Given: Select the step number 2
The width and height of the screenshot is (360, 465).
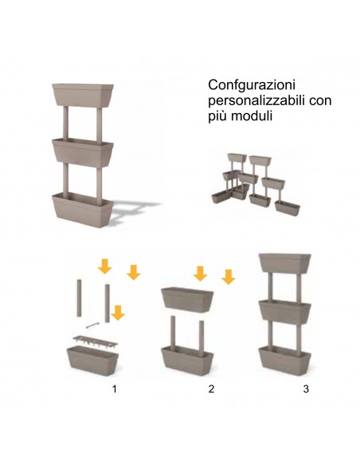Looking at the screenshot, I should click(211, 389).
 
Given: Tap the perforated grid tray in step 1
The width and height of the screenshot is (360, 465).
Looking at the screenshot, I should click(93, 338).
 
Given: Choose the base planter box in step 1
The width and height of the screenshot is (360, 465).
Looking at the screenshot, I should click(91, 361).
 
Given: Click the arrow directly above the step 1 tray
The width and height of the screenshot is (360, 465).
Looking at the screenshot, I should click(118, 313).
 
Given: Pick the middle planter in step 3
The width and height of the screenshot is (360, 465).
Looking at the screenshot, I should click(285, 311).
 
